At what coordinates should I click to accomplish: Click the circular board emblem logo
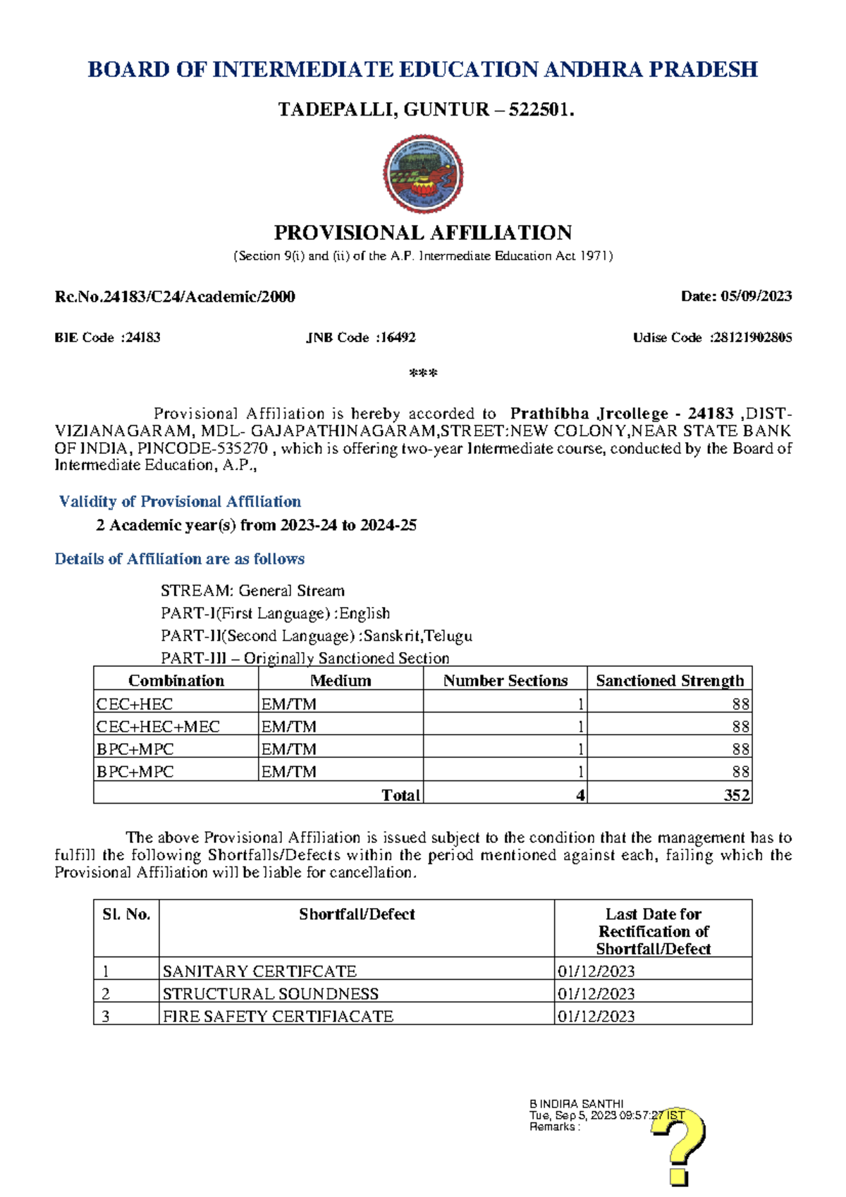(x=423, y=174)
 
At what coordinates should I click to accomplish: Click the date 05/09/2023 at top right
(x=756, y=296)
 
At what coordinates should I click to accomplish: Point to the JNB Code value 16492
(x=398, y=338)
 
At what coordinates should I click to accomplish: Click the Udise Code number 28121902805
(x=752, y=338)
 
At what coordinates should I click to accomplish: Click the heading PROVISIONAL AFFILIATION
(x=423, y=233)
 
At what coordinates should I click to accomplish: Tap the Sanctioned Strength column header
(x=670, y=680)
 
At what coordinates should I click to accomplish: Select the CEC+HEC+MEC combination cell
(x=159, y=726)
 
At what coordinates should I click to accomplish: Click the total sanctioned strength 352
(x=736, y=794)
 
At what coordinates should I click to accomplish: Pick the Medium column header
(x=341, y=680)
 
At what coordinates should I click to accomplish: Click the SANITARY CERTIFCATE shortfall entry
(x=259, y=971)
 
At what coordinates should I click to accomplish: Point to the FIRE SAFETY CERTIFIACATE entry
(x=278, y=1016)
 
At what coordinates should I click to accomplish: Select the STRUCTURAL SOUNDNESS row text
(x=270, y=993)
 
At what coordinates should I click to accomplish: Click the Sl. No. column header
(x=126, y=914)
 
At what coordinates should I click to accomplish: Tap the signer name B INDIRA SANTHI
(x=576, y=1104)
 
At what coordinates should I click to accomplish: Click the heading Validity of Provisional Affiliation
(x=180, y=501)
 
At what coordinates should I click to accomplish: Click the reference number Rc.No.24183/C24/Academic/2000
(x=175, y=296)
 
